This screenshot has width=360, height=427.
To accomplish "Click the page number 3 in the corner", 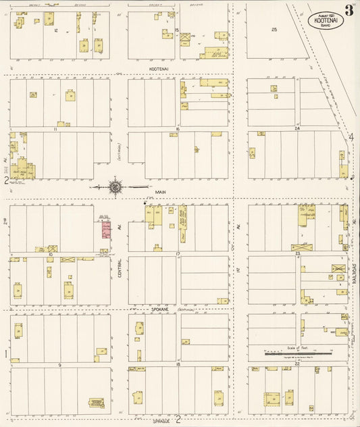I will [349, 10].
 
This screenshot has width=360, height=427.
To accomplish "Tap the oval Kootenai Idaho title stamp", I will [327, 21].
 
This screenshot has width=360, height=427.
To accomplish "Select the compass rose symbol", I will [115, 186].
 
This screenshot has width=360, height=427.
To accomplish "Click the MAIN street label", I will [160, 192].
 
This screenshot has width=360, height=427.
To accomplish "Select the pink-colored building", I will [105, 230].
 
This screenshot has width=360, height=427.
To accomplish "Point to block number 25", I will [274, 30].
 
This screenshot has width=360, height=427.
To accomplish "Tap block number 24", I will [296, 128].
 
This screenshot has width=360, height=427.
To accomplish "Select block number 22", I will [297, 365].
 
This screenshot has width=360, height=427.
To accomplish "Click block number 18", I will [178, 365].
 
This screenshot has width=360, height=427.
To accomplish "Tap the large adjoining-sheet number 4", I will [351, 139].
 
